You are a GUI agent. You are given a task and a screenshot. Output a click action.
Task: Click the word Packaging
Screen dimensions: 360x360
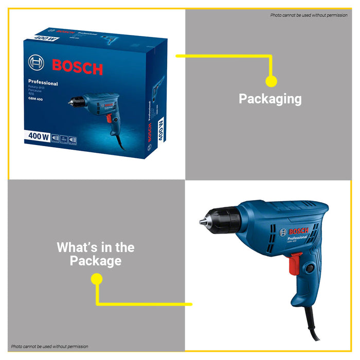pyautogui.click(x=270, y=99)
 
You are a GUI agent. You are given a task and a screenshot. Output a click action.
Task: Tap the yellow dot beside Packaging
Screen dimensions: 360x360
pyautogui.click(x=271, y=81)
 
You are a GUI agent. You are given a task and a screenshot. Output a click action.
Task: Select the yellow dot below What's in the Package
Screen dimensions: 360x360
pyautogui.click(x=97, y=279)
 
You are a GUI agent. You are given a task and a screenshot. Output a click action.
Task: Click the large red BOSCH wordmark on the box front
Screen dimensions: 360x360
pyautogui.click(x=77, y=67)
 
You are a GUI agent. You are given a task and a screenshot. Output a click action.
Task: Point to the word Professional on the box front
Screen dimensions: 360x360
pyautogui.click(x=43, y=83)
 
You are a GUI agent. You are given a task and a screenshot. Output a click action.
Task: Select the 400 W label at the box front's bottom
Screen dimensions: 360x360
pyautogui.click(x=38, y=137)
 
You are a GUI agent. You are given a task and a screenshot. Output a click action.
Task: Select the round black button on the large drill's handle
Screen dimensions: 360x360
pyautogui.click(x=310, y=267)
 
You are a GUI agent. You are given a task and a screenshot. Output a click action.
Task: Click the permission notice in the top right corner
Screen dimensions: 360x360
pyautogui.click(x=309, y=15)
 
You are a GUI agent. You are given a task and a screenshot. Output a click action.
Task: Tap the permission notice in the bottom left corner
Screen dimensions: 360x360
pyautogui.click(x=49, y=347)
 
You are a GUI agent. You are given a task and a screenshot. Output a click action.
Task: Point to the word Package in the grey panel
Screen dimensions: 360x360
pyautogui.click(x=96, y=261)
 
